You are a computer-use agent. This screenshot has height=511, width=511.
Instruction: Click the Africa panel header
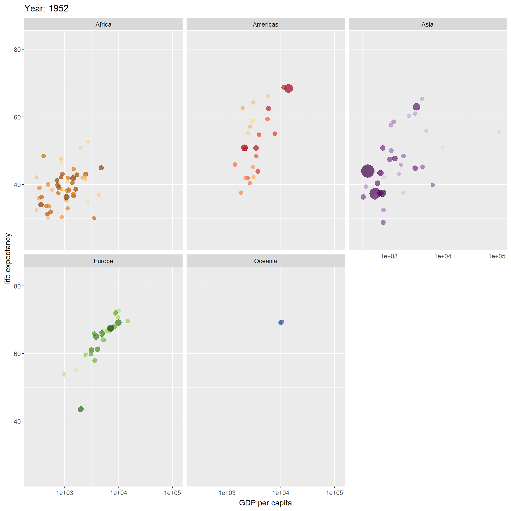(x=103, y=24)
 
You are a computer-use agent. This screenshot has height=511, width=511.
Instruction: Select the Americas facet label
(x=265, y=24)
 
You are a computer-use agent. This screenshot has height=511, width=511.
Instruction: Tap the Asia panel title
(x=427, y=24)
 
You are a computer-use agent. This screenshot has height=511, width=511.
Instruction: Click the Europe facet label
(x=103, y=261)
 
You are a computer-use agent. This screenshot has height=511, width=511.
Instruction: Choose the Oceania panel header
(x=265, y=261)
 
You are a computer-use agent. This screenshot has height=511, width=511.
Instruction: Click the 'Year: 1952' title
(x=46, y=9)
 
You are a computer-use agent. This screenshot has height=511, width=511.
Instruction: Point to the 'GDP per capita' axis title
(x=265, y=503)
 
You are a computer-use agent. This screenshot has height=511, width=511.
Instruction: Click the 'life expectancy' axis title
(x=8, y=258)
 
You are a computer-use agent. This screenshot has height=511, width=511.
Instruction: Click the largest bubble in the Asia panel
(x=368, y=171)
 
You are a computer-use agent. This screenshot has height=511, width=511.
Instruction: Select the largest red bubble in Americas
(x=289, y=88)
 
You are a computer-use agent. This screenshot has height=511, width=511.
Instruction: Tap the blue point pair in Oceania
(x=281, y=322)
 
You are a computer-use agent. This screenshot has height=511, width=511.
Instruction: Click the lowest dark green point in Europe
(x=81, y=409)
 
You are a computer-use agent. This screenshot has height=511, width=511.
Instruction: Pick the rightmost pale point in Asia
(x=499, y=132)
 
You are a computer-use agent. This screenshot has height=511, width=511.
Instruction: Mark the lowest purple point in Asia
(x=383, y=222)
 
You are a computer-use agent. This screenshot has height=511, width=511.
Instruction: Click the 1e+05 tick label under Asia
(x=497, y=256)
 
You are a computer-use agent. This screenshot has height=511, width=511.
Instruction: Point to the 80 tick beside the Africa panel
(x=17, y=50)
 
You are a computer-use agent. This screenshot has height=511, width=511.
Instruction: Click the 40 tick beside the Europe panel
(x=17, y=421)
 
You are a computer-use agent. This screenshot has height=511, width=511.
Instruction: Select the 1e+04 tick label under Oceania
(x=281, y=493)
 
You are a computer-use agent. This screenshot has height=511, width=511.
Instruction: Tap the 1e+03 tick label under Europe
(x=65, y=493)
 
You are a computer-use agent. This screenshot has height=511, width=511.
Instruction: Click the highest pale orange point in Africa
(x=88, y=142)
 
